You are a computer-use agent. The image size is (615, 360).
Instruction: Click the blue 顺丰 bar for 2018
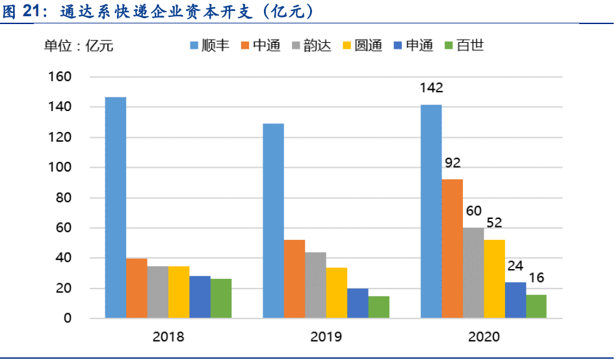coord(116,207)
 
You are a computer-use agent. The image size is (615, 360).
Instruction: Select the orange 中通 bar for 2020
coord(452,248)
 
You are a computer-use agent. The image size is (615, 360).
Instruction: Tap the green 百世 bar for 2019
coord(378,307)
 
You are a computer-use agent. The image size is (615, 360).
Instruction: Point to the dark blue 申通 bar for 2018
coord(200,297)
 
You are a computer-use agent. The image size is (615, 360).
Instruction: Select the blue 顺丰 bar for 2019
coord(273,220)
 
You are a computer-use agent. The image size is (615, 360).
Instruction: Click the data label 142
coord(431,88)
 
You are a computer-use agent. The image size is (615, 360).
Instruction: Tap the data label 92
coord(452,163)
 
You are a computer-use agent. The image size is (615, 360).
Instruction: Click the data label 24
coord(515,266)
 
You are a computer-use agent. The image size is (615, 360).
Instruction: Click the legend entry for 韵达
coord(311,45)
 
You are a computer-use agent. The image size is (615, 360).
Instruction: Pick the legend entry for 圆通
coord(361,45)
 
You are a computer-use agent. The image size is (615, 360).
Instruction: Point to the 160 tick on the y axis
coord(60,77)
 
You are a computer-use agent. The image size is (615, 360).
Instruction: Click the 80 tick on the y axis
coord(63,198)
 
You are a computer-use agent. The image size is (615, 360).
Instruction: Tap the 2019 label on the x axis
coord(326,337)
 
